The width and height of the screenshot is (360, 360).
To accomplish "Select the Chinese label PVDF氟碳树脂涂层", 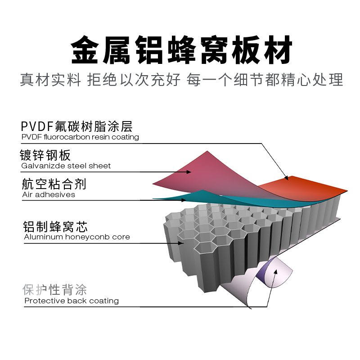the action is click(x=76, y=126).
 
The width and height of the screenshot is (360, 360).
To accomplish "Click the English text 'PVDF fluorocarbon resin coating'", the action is click(x=80, y=137).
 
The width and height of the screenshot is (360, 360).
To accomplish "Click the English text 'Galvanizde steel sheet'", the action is click(x=66, y=166).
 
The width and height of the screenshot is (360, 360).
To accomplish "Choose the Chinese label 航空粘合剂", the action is click(x=54, y=184).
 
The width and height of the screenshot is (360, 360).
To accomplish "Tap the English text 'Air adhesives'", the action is click(x=49, y=195).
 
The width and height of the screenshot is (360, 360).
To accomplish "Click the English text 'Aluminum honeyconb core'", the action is click(x=77, y=237).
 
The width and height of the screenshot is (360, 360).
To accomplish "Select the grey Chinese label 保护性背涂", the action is click(x=55, y=290).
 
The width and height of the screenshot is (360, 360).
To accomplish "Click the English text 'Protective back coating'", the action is click(x=72, y=301).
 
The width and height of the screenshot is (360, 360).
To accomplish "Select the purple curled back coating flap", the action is click(x=274, y=272).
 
